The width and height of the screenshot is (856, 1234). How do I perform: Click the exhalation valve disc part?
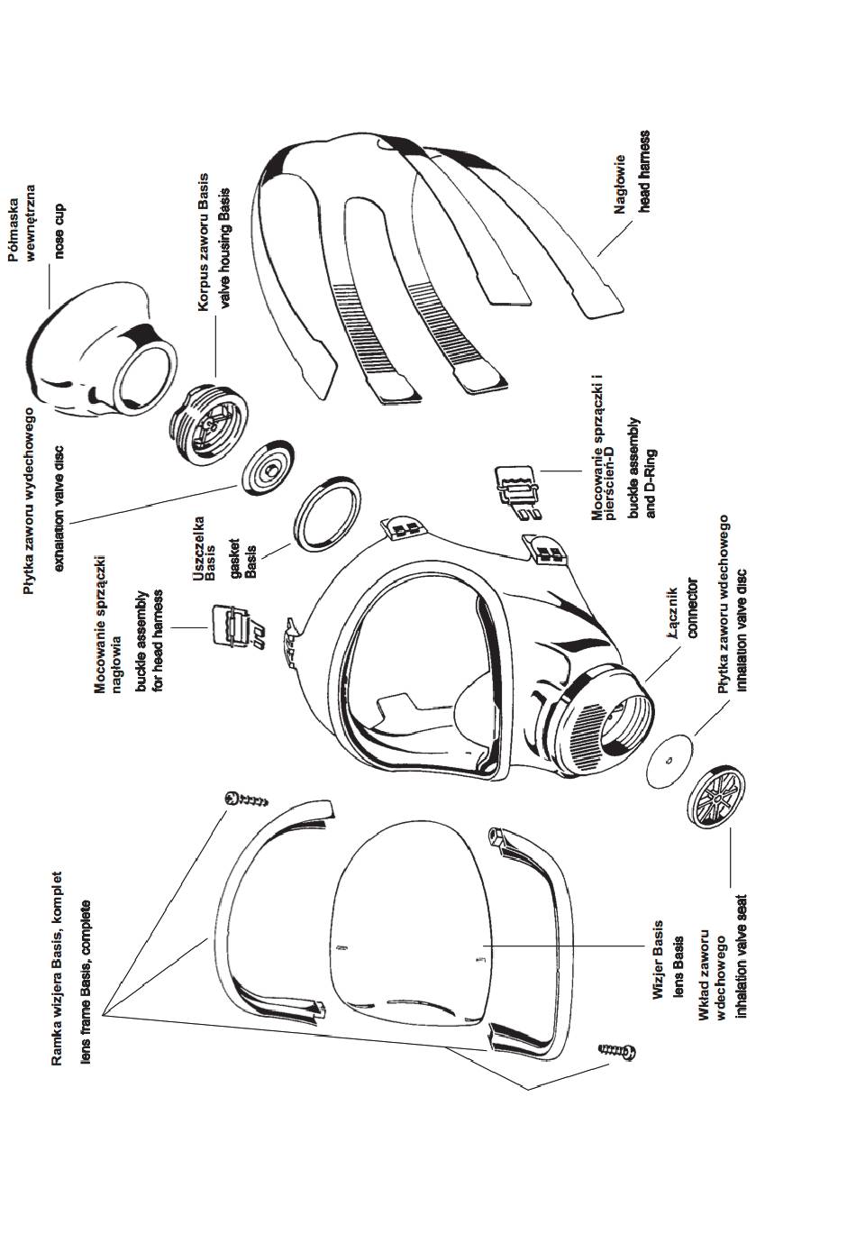[269, 467]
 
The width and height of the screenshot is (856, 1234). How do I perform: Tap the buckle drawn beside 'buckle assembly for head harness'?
[235, 628]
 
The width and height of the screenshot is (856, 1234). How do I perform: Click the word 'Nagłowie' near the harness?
[621, 186]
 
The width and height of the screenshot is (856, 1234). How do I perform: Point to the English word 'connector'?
[692, 608]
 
